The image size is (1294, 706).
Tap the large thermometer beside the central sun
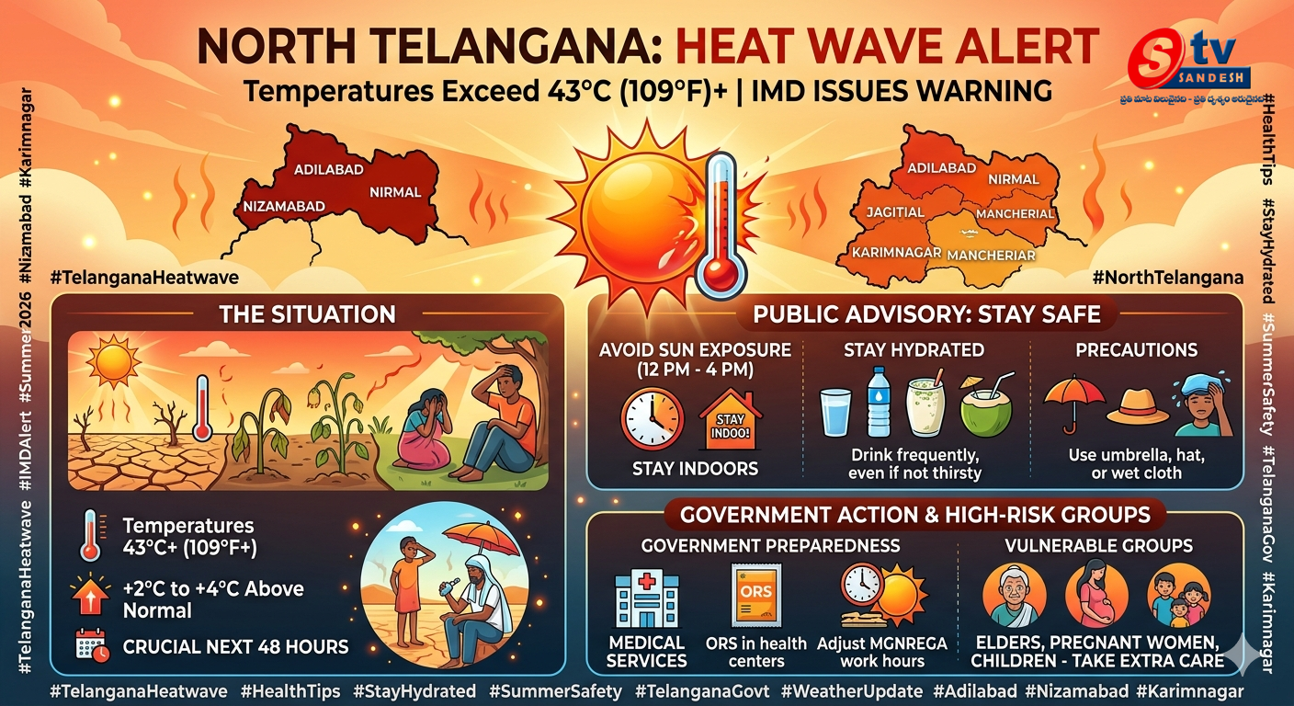tap(722, 225)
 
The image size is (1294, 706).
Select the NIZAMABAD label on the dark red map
tap(283, 207)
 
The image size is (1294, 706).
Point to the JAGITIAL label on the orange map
tap(895, 212)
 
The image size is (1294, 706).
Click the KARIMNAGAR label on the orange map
tap(895, 252)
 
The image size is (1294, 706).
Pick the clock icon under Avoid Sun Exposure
tap(653, 418)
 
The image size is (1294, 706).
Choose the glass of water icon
tap(836, 413)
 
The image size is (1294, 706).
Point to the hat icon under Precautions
tap(1138, 406)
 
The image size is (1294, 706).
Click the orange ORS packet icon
tap(756, 596)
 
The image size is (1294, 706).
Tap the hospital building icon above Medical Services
tap(647, 599)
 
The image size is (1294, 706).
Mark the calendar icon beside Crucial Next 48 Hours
tap(92, 645)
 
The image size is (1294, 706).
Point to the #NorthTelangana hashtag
tap(1168, 278)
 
